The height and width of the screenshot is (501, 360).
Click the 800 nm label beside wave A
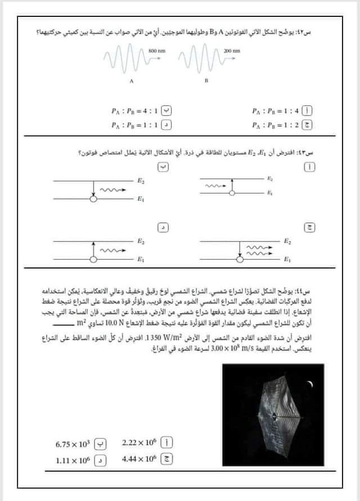[x=157, y=51]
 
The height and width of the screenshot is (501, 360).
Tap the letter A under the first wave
[x=132, y=80]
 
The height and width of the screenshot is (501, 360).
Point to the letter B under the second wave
[x=206, y=80]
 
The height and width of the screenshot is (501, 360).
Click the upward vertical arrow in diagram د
[x=92, y=249]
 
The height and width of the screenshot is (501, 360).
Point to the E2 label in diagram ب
[x=140, y=180]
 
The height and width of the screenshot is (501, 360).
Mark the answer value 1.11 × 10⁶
[x=73, y=459]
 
